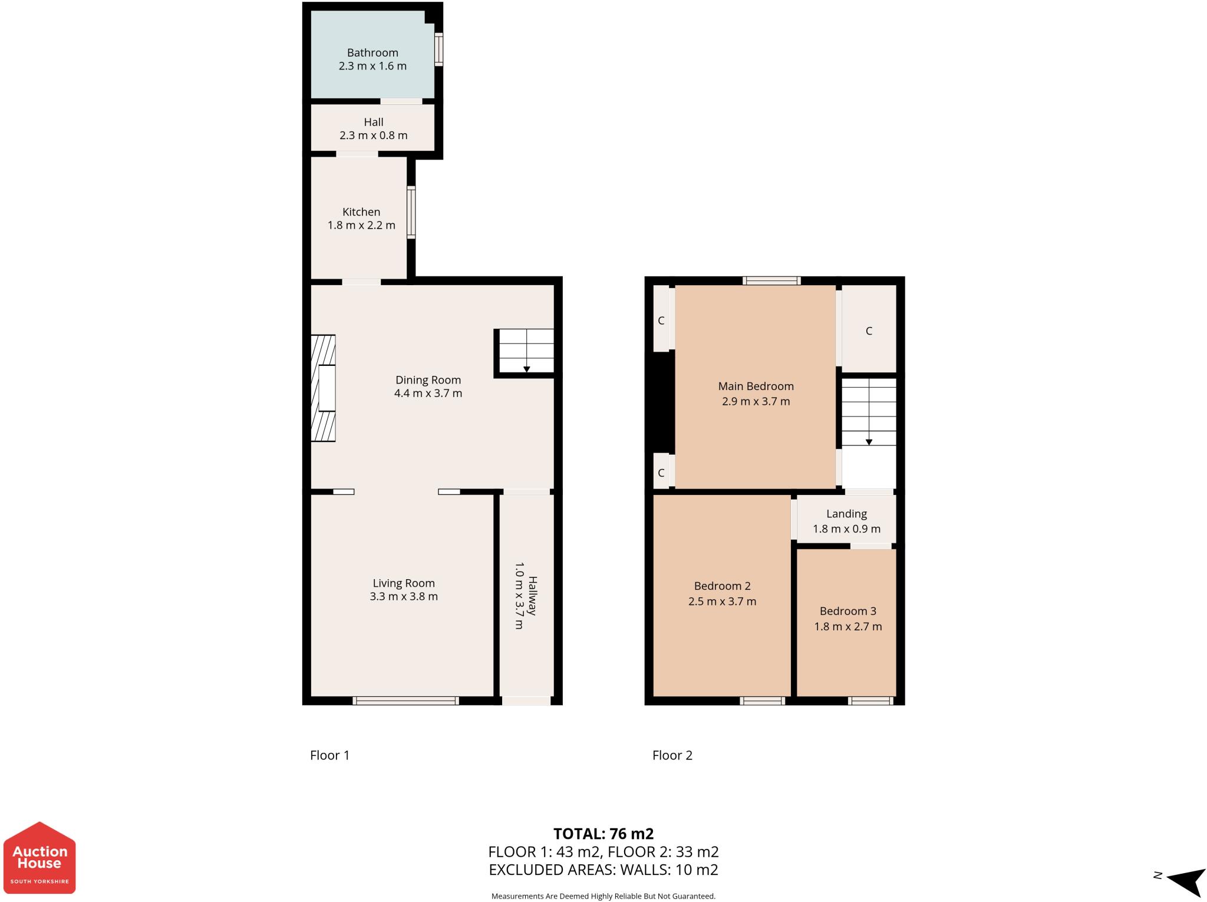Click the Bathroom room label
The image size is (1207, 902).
[372, 53]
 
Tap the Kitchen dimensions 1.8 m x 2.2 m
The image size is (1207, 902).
[361, 225]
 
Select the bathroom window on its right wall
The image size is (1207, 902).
[439, 49]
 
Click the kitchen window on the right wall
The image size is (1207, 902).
[411, 212]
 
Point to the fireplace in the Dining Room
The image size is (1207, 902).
[324, 388]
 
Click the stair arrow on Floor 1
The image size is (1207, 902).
[526, 369]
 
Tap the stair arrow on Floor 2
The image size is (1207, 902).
[869, 441]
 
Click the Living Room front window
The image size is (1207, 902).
[405, 701]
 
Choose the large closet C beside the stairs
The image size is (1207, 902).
[869, 331]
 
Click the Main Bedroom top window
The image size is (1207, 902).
[771, 281]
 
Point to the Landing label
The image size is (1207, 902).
[846, 514]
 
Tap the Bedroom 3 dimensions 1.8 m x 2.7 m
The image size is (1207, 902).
[847, 627]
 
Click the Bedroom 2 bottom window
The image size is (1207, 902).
[762, 701]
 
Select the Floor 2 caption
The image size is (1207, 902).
[672, 755]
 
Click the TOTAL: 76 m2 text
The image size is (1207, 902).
[603, 834]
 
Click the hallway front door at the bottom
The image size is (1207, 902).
[526, 701]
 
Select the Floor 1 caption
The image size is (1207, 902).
[329, 755]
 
